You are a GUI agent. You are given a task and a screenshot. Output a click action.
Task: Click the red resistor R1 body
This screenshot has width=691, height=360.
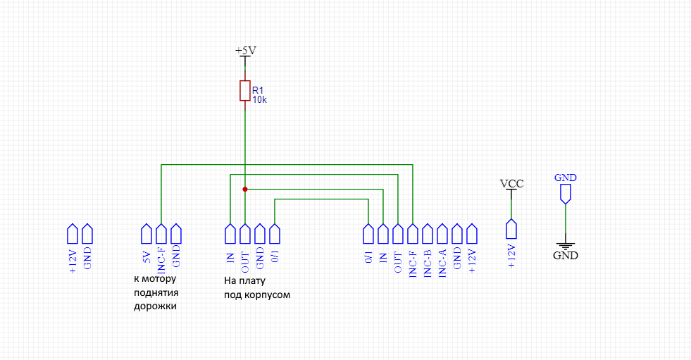pyautogui.click(x=244, y=92)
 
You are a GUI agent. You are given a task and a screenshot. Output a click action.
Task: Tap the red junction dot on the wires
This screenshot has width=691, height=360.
pyautogui.click(x=244, y=189)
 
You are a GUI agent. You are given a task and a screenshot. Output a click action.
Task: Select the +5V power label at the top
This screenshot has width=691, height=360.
pyautogui.click(x=245, y=51)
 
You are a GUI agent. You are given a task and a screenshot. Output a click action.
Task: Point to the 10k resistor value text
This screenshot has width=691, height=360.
pyautogui.click(x=260, y=99)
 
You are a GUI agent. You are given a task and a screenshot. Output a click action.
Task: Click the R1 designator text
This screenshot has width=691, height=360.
pyautogui.click(x=258, y=90)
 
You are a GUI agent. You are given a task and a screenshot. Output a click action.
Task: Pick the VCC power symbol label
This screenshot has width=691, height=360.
pyautogui.click(x=511, y=184)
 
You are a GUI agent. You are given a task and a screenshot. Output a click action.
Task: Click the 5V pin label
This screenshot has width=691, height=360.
pyautogui.click(x=147, y=258)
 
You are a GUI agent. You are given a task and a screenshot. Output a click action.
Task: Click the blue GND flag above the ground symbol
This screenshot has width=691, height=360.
pyautogui.click(x=565, y=182)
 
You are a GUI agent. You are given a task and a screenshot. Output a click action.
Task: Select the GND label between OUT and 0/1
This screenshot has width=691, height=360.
pyautogui.click(x=260, y=259)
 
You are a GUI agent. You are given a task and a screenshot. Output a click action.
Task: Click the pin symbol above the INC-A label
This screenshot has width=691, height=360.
pyautogui.click(x=442, y=232)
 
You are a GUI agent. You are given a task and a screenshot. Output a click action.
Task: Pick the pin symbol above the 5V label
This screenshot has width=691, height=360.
pyautogui.click(x=147, y=232)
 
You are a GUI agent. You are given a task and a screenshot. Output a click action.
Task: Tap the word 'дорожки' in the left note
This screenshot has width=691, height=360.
pyautogui.click(x=153, y=307)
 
